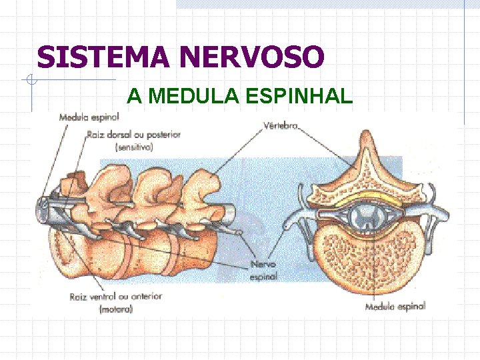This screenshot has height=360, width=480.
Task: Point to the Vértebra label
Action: (x=280, y=125)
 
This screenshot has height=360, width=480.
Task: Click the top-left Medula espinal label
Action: (x=89, y=117)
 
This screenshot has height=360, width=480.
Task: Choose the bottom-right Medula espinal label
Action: (x=395, y=307)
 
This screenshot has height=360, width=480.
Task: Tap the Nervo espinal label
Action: (x=263, y=270)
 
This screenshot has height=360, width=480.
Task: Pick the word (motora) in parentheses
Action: (x=115, y=309)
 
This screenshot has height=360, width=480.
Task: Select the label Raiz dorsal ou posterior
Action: (x=133, y=135)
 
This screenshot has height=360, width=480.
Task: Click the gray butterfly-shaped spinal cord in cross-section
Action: (x=366, y=214)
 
